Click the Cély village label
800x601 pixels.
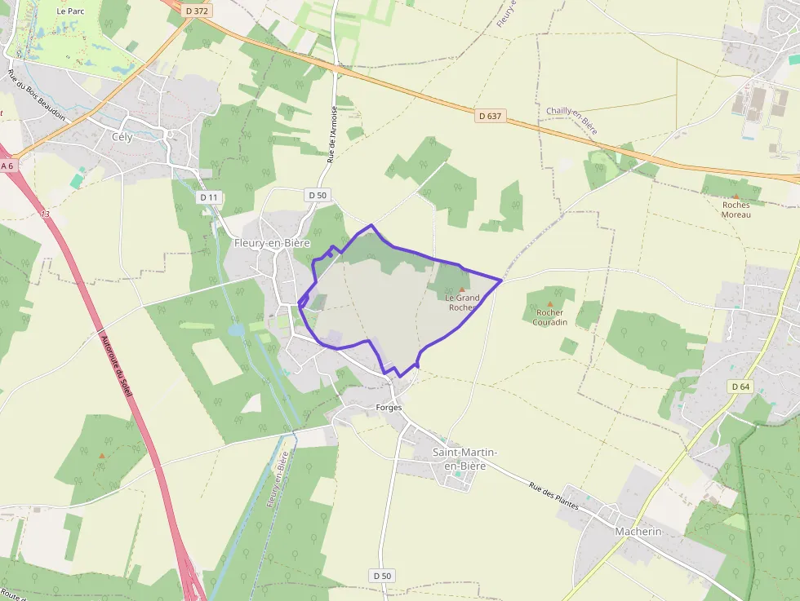(122, 137)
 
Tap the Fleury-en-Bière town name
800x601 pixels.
(272, 243)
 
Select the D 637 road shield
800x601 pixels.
(490, 116)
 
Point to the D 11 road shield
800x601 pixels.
(209, 197)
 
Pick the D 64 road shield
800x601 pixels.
(740, 386)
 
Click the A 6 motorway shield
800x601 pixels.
(7, 166)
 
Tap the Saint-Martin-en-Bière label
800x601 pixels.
(464, 459)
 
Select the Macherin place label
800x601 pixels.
(638, 531)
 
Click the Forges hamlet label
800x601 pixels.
(389, 407)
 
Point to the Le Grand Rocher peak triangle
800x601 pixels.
(462, 289)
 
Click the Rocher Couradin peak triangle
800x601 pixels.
(549, 303)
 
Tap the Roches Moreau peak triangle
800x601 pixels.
(736, 197)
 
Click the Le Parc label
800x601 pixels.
(71, 11)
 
